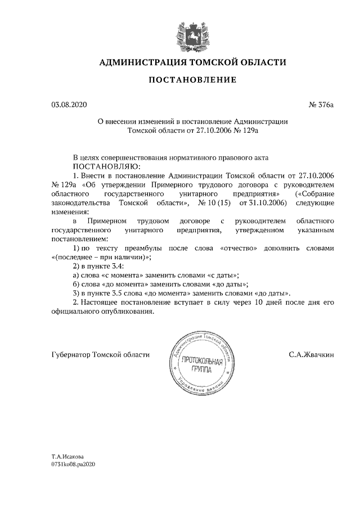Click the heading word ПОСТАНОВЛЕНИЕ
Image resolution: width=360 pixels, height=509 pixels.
(192, 80)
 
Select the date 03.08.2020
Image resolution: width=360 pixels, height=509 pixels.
(69, 105)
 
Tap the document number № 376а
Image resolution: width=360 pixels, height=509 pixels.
(322, 105)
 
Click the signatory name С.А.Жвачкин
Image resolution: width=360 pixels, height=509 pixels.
(312, 355)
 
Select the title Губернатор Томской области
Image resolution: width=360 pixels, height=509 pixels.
(100, 355)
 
